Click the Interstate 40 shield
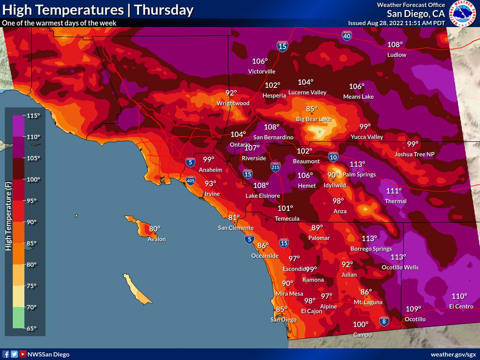point(347,36)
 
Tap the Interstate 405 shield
point(191,181)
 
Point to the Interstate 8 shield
point(384,321)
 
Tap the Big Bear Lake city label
point(313,119)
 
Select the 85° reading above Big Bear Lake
point(312,109)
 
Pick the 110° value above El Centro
point(459,296)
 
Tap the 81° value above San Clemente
point(234,218)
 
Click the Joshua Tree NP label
point(414,154)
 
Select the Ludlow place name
point(396,55)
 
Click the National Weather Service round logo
point(462,13)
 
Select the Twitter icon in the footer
point(15,354)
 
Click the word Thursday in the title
point(164,10)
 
